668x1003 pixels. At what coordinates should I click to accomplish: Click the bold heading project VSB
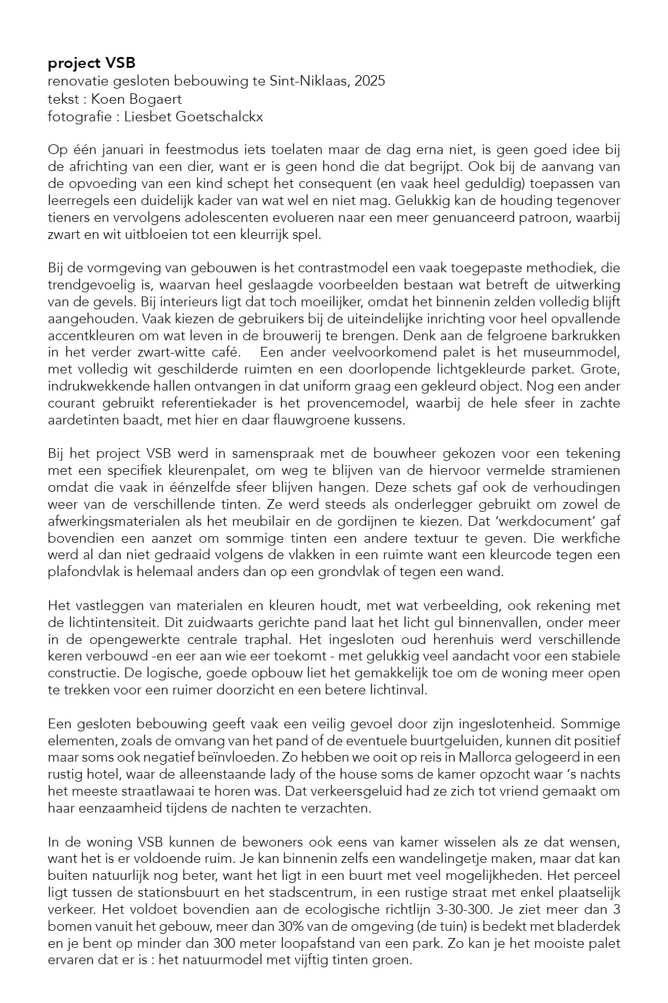click(92, 63)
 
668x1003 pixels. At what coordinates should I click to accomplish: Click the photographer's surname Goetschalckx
click(224, 116)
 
